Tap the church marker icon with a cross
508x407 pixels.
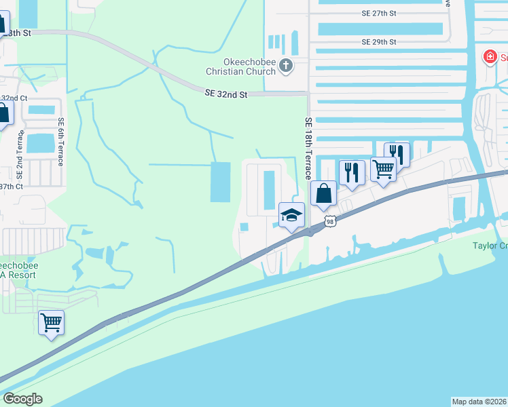pos(286,66)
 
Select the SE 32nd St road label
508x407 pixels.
pos(225,95)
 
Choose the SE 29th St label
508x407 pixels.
pos(378,42)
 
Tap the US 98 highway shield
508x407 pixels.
pos(330,221)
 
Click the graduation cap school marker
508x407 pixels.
pos(291,216)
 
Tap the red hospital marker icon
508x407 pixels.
pos(489,57)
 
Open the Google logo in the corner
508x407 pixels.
pos(23,399)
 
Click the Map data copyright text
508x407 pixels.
pos(479,402)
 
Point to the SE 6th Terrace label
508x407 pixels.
pos(60,141)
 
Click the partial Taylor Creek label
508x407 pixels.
pos(490,246)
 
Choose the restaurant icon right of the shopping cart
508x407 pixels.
pos(397,154)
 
